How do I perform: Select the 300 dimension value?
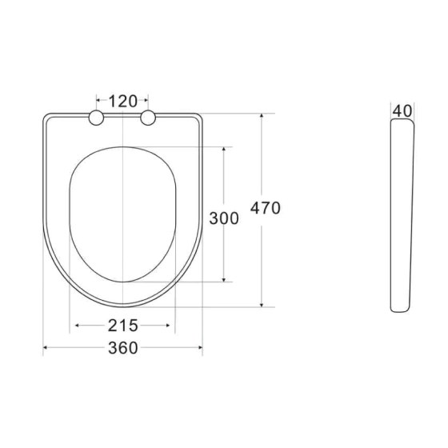[x=224, y=218]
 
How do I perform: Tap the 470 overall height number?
[x=266, y=208]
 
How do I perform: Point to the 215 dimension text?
[x=122, y=326]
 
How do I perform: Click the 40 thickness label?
[x=402, y=110]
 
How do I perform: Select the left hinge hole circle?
[x=97, y=119]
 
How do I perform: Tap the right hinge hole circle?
[x=148, y=119]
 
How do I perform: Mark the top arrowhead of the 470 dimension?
[x=262, y=116]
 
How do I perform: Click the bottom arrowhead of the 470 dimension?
[x=262, y=304]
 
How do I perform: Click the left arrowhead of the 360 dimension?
[x=46, y=347]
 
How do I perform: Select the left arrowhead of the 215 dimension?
[x=77, y=326]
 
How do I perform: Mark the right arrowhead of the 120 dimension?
[x=146, y=101]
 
